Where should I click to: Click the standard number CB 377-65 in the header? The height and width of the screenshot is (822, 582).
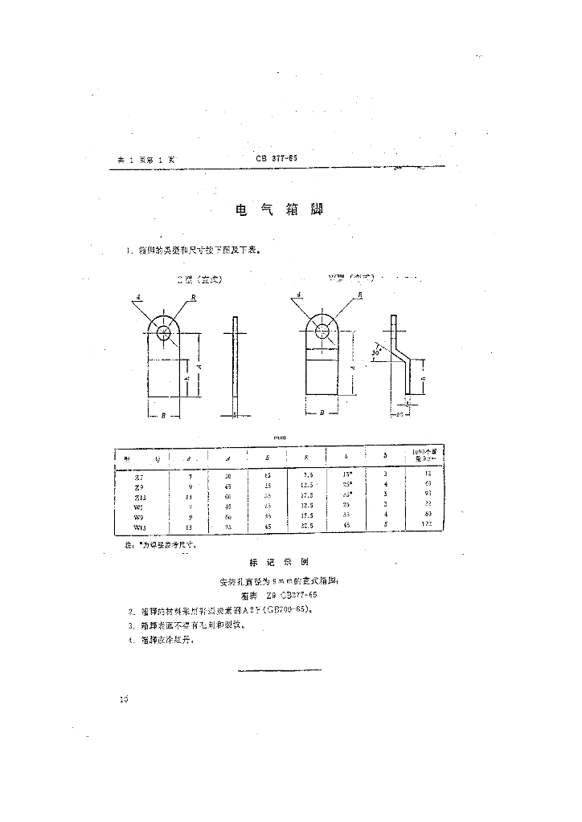[x=277, y=159]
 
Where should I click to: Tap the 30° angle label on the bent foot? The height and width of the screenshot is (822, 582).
[x=376, y=352]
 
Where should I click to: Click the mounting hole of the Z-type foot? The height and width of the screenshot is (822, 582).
[x=166, y=332]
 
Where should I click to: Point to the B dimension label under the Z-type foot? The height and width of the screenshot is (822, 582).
[x=164, y=416]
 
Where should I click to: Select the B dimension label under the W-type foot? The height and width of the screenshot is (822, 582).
[x=322, y=413]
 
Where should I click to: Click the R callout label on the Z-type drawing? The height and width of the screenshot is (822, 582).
[x=194, y=296]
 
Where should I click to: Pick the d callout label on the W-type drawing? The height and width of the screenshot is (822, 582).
[x=298, y=295]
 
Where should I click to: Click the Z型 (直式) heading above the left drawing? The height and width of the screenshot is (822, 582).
[x=199, y=280]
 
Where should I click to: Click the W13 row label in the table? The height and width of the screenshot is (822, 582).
[x=139, y=527]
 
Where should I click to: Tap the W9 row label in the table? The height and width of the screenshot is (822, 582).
[x=139, y=517]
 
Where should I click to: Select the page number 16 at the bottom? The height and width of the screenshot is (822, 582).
[x=123, y=699]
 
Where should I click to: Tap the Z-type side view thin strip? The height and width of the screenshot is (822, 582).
[x=235, y=365]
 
